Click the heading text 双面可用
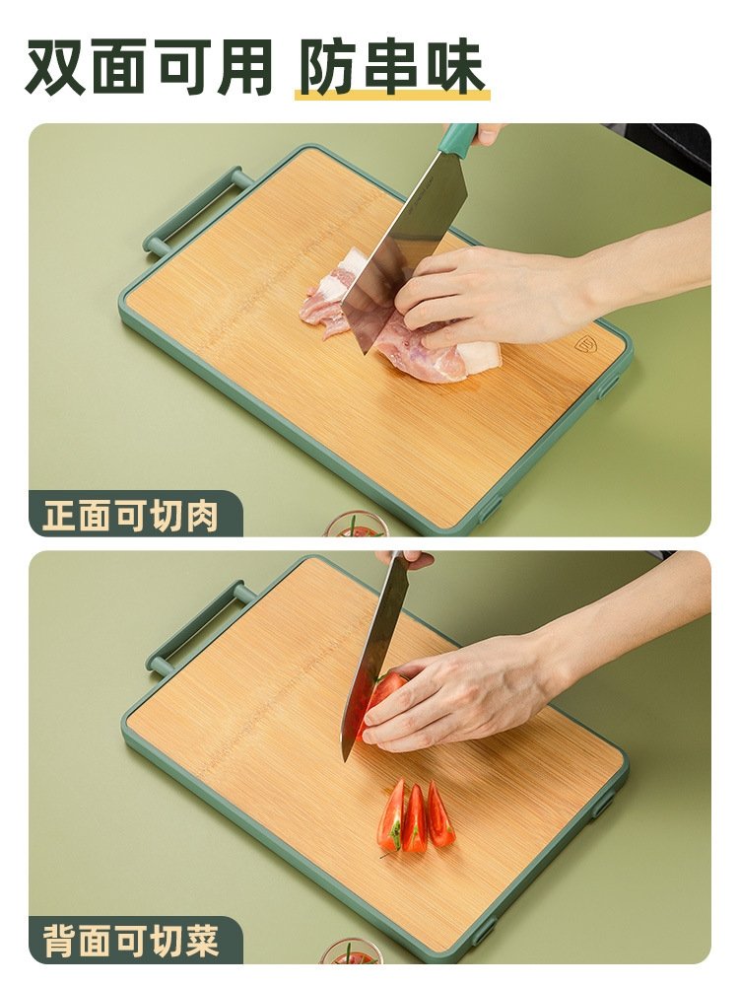[149, 67]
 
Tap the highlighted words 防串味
[391, 67]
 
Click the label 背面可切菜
[131, 942]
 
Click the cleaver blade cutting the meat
[401, 246]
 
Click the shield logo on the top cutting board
[584, 345]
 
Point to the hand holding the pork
[497, 296]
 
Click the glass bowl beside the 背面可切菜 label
[352, 951]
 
